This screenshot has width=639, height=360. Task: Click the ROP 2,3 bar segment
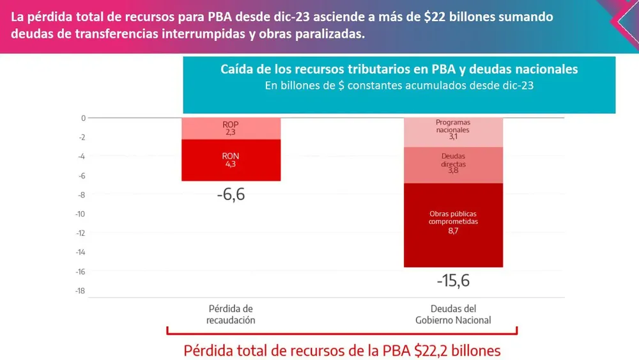pos(231,128)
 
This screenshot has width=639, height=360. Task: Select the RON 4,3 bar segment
pos(231,160)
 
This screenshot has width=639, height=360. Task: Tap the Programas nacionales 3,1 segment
pos(452,132)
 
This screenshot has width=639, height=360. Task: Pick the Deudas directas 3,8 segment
pos(452,165)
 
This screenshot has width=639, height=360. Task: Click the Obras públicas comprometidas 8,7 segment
pos(452,224)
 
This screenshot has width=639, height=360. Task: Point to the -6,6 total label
pos(231,194)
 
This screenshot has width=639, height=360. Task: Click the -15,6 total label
pos(452,280)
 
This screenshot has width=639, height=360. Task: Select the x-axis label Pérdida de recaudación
pos(231,314)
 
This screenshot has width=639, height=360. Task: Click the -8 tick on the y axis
pos(81,195)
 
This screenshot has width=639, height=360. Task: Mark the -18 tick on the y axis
pos(80,291)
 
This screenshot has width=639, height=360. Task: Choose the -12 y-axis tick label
pos(80,233)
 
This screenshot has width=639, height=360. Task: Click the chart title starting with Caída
pos(399,69)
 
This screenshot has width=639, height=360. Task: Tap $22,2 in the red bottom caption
pos(434,350)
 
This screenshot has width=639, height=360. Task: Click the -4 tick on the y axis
pos(81,157)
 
